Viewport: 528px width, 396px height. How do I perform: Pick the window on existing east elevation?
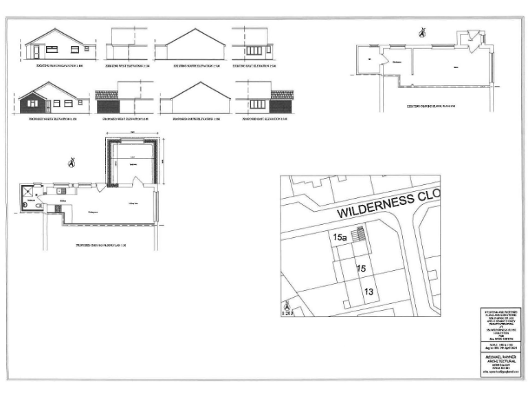pyautogui.click(x=254, y=50)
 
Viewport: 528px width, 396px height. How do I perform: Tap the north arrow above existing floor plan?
pyautogui.click(x=422, y=32)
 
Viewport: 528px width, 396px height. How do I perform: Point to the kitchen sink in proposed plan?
pyautogui.click(x=60, y=190)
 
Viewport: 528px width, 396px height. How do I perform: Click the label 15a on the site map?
pyautogui.click(x=340, y=237)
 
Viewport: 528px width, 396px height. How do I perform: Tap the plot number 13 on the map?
pyautogui.click(x=368, y=292)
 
